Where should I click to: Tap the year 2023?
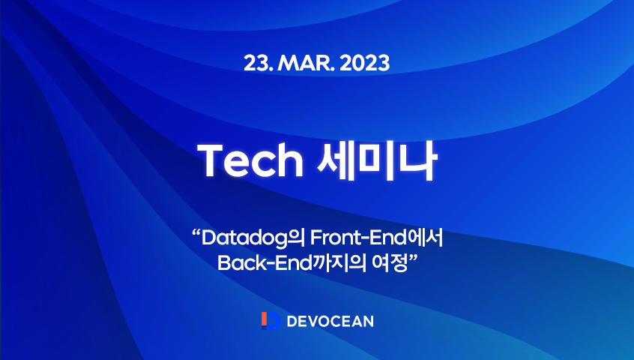(364, 62)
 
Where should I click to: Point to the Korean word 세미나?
(372, 160)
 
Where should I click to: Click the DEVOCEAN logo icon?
(270, 321)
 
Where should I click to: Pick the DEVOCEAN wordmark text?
(330, 321)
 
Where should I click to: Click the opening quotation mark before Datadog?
(197, 235)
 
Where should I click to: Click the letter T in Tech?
(209, 160)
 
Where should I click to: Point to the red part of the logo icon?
(263, 321)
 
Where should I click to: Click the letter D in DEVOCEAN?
(292, 321)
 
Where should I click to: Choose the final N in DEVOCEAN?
(367, 321)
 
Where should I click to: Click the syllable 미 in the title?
(372, 160)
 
